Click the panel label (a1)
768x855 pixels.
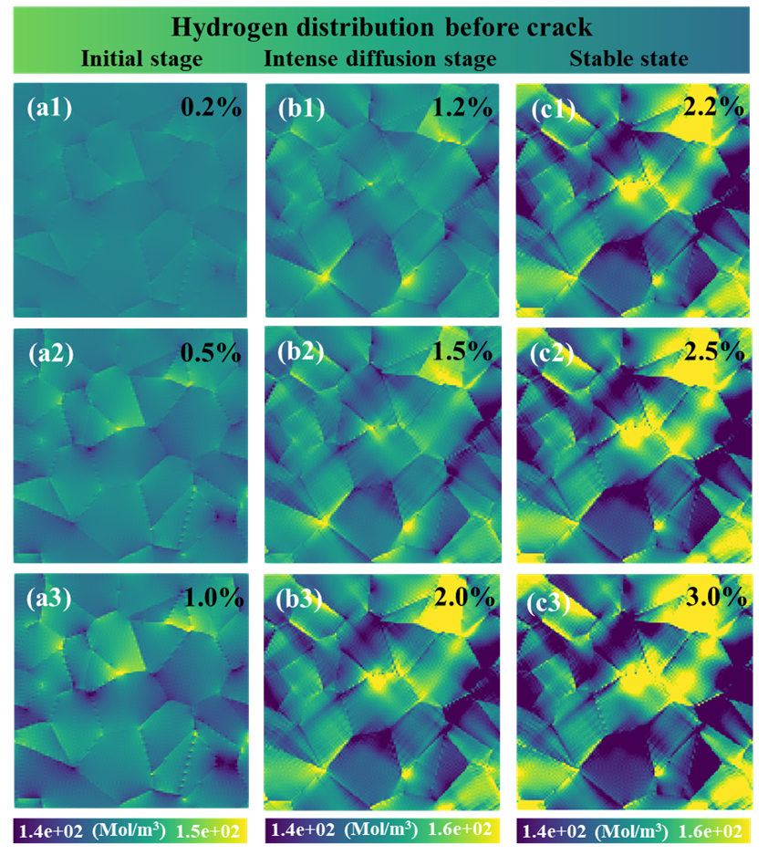[49, 108]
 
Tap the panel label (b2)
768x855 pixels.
[301, 353]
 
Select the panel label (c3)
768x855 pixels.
[549, 602]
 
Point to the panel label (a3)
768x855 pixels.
[49, 599]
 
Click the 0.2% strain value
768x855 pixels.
[211, 108]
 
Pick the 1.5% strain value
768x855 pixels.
[462, 351]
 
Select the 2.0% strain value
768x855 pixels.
[464, 598]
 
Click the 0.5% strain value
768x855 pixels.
[211, 353]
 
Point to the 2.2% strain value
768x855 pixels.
[714, 108]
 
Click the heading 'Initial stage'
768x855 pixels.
[141, 59]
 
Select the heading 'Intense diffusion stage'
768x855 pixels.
[380, 59]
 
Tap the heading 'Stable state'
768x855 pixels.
[629, 58]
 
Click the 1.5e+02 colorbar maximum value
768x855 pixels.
[208, 831]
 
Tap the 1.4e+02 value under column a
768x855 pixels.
[51, 831]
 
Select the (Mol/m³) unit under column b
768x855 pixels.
[381, 830]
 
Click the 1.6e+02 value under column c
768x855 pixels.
[711, 831]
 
